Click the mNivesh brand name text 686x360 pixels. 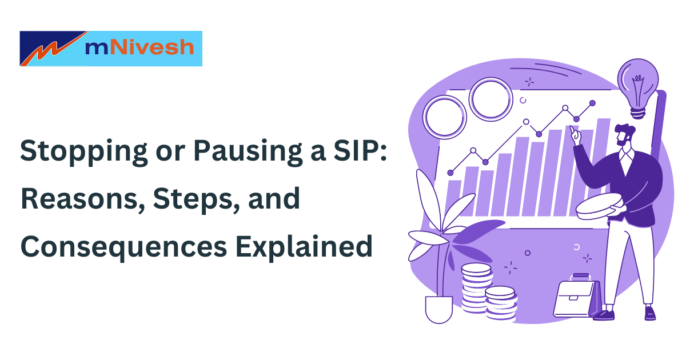pos(139,47)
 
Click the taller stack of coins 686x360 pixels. pos(476,288)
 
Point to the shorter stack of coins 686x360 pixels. pos(501,301)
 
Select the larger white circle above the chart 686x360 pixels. pos(444,117)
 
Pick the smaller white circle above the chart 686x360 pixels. pos(490,98)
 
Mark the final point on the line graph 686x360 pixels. pos(592,103)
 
